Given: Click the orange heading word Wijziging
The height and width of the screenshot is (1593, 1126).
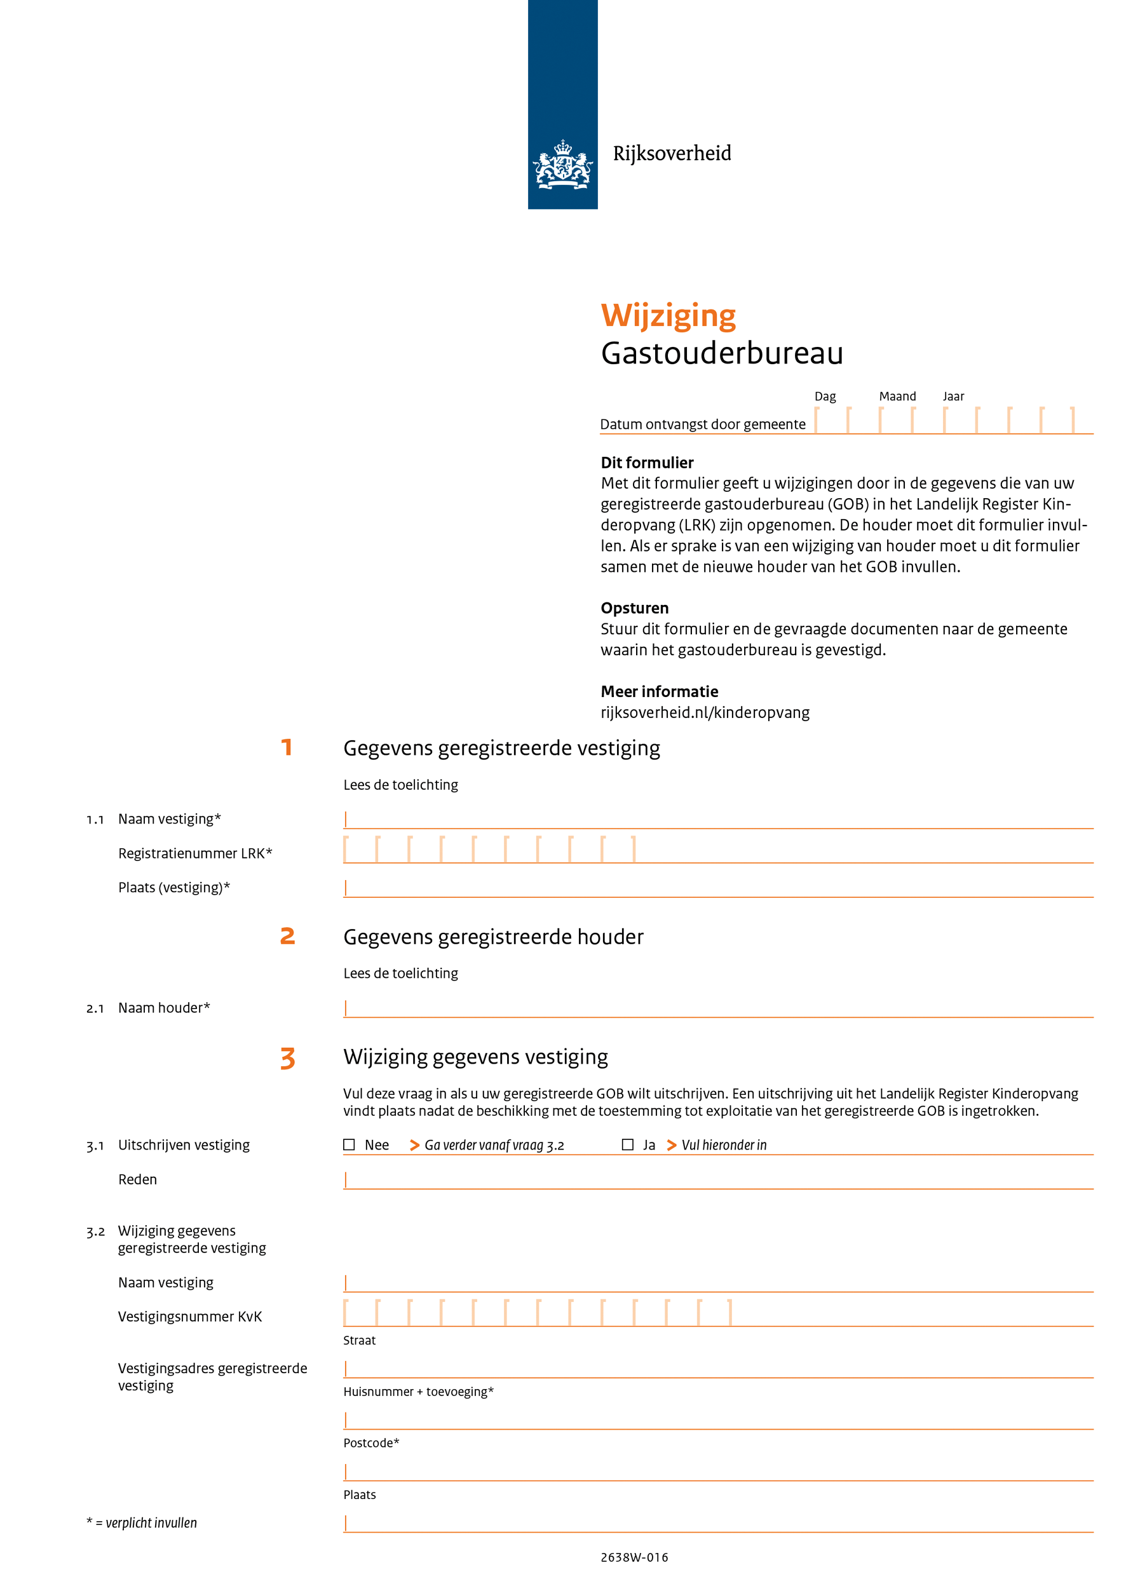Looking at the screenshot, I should pyautogui.click(x=667, y=316).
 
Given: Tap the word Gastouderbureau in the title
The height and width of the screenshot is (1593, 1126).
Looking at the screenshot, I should pyautogui.click(x=721, y=353).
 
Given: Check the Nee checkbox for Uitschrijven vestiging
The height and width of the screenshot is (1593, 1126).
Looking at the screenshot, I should pyautogui.click(x=349, y=1145).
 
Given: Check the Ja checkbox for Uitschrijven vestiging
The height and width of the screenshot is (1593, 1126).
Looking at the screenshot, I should pyautogui.click(x=627, y=1145).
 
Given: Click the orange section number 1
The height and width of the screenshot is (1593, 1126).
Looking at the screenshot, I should pyautogui.click(x=287, y=747).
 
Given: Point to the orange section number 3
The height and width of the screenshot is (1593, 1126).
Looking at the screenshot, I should pyautogui.click(x=287, y=1058).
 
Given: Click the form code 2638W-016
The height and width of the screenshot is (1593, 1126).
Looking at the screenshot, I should pyautogui.click(x=634, y=1557).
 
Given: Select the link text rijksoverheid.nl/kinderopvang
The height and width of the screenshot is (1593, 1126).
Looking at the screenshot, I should pyautogui.click(x=705, y=712).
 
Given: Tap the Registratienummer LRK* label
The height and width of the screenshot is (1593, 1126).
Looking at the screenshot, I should pyautogui.click(x=195, y=853).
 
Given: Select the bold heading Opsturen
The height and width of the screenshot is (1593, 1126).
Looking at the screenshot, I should pyautogui.click(x=634, y=608).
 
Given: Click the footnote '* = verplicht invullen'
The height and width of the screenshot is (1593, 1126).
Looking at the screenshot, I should pyautogui.click(x=142, y=1523).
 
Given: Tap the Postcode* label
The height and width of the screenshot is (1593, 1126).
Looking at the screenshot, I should pyautogui.click(x=371, y=1442).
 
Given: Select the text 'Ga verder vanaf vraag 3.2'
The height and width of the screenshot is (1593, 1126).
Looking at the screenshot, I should pyautogui.click(x=494, y=1146).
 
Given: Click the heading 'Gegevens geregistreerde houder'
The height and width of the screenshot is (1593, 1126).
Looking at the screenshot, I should pyautogui.click(x=493, y=937).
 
